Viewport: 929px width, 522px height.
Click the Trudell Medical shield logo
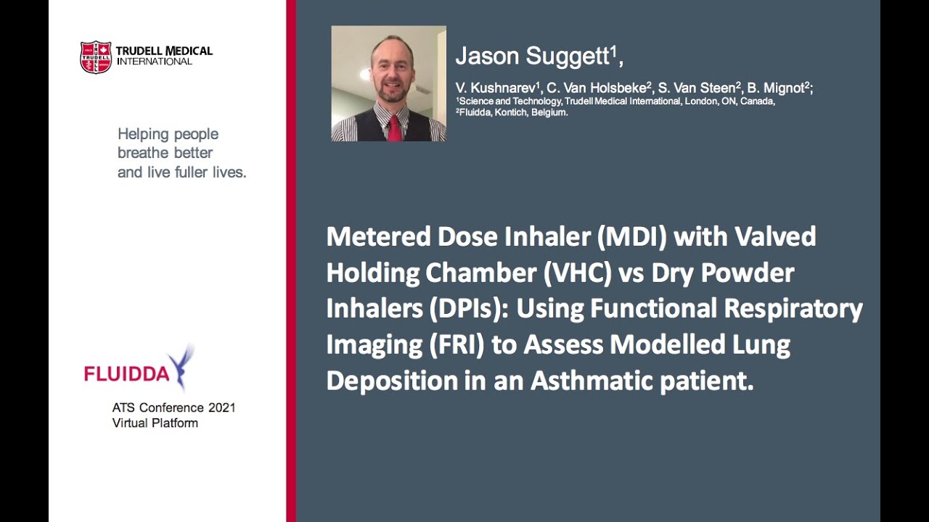[x=95, y=57]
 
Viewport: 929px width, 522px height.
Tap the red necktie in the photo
[x=393, y=127]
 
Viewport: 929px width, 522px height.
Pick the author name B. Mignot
[x=779, y=88]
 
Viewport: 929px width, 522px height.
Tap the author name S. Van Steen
[x=696, y=88]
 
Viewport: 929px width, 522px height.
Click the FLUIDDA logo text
[x=126, y=374]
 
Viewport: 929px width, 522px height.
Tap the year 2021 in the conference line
[x=221, y=408]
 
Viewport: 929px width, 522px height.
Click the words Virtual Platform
[x=155, y=423]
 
